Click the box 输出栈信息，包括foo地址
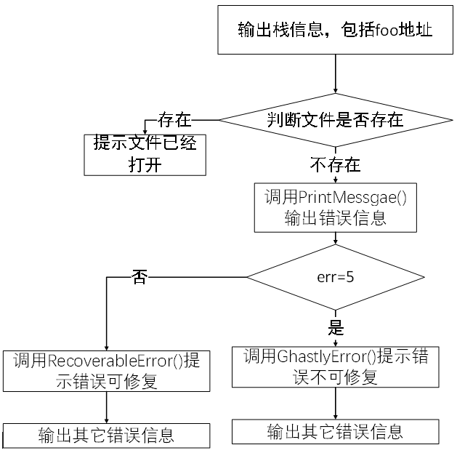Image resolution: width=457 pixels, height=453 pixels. (336, 30)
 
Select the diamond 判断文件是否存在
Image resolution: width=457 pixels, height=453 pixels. (335, 119)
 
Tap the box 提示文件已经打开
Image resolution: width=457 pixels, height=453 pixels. (145, 154)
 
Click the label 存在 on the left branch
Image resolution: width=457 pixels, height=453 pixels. (174, 119)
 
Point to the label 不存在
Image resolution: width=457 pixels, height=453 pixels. (335, 164)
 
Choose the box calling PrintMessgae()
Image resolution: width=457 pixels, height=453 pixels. (335, 207)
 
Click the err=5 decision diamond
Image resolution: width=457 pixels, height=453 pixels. (335, 277)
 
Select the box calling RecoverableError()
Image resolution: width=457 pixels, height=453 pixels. (107, 371)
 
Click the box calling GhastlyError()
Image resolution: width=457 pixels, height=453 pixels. (335, 367)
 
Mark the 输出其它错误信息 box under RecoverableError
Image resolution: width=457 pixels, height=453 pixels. (107, 436)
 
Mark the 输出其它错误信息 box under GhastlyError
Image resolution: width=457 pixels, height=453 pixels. (335, 430)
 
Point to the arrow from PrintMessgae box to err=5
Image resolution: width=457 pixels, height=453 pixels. (335, 239)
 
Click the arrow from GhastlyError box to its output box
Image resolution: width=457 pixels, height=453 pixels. (335, 402)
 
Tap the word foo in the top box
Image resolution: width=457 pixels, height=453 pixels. (383, 31)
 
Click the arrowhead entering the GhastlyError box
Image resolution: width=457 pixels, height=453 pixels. (335, 343)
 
